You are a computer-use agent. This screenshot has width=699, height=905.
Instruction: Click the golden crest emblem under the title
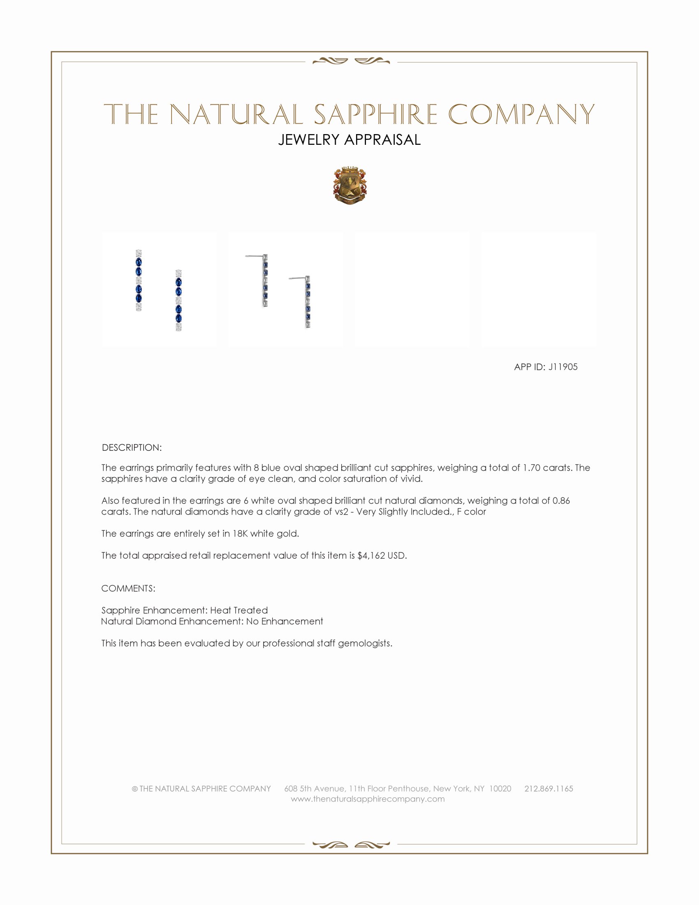tap(350, 186)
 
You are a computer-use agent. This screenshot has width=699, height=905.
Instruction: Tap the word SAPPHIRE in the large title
tap(375, 114)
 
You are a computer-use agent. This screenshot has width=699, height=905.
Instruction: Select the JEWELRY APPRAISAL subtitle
tap(349, 140)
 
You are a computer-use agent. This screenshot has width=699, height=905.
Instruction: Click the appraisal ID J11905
tap(563, 367)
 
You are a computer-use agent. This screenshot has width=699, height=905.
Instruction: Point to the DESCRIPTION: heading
tap(132, 448)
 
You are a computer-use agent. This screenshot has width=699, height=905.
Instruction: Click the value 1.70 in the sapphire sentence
tap(531, 468)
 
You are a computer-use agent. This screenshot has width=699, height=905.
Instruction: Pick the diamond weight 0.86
tap(561, 501)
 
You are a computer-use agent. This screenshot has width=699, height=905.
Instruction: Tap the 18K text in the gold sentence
tap(240, 534)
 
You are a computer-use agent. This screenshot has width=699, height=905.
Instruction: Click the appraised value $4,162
tap(371, 556)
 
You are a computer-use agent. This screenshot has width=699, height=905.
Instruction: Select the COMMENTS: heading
tap(128, 588)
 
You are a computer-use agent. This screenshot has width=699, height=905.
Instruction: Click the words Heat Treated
tap(239, 610)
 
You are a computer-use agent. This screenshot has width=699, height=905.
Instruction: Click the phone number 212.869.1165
tap(549, 789)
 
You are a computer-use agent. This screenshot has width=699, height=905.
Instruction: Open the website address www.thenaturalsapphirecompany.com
tap(368, 799)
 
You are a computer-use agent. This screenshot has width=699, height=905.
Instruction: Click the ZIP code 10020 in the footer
tap(500, 789)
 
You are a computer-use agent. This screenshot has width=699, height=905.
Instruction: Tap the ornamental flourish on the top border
tap(351, 61)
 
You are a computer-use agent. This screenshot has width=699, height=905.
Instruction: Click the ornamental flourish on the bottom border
tap(351, 845)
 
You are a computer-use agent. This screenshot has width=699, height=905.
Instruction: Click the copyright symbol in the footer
tap(134, 789)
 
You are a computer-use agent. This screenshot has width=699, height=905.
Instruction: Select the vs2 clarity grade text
tap(341, 512)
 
